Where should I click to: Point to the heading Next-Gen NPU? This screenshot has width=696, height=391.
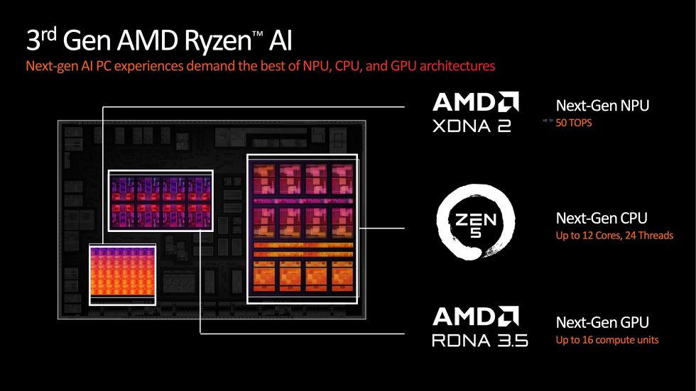[x=602, y=106]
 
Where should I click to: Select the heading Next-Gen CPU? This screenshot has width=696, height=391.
[x=601, y=218]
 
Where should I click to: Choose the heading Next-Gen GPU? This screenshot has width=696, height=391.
[x=602, y=323]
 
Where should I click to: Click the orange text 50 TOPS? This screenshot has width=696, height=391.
[x=573, y=123]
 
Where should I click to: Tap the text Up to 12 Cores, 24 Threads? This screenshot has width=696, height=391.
[x=614, y=236]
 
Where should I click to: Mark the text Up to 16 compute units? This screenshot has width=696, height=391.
[x=607, y=340]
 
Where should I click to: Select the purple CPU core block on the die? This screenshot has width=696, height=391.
[x=161, y=199]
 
